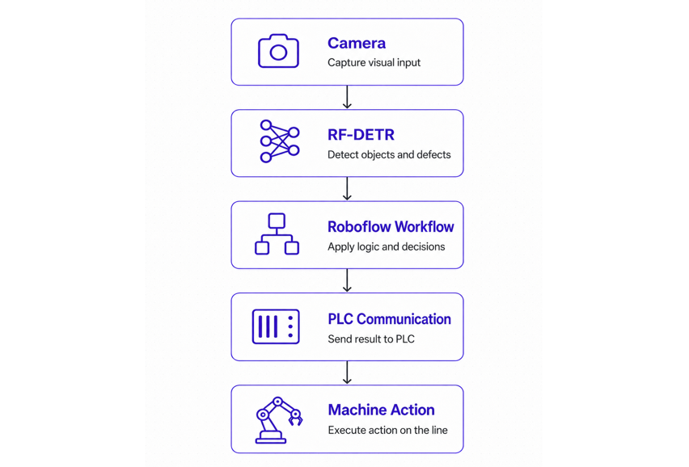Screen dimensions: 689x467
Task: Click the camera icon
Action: point(278,51)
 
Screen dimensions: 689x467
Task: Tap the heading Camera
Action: point(357,43)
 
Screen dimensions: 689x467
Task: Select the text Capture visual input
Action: point(374,63)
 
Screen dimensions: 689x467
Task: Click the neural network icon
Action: point(280,141)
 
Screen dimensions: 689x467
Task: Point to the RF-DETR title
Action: point(361,135)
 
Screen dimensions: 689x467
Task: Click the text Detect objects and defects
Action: point(389,154)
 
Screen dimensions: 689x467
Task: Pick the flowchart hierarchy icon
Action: point(277,234)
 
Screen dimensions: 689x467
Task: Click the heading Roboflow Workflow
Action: point(391,226)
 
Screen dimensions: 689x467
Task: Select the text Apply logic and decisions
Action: point(387,246)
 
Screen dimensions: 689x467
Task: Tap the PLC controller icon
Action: point(276,326)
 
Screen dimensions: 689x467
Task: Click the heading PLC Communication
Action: point(389,319)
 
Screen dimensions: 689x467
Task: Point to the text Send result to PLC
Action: point(371,339)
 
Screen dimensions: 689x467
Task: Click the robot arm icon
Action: point(278,420)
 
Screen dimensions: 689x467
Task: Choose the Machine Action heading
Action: point(381,410)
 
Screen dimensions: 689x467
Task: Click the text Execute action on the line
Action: point(387,430)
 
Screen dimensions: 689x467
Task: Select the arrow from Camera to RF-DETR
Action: point(347,97)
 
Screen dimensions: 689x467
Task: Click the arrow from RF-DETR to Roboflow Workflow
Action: point(347,189)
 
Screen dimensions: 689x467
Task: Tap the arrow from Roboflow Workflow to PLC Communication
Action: point(347,280)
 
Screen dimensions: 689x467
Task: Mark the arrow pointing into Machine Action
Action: point(347,372)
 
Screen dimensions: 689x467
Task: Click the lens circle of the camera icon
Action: point(278,53)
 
